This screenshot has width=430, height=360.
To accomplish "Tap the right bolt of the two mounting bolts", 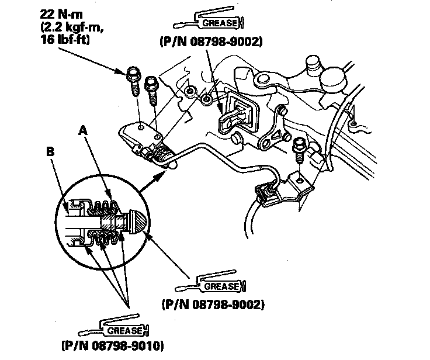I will click(x=151, y=88).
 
